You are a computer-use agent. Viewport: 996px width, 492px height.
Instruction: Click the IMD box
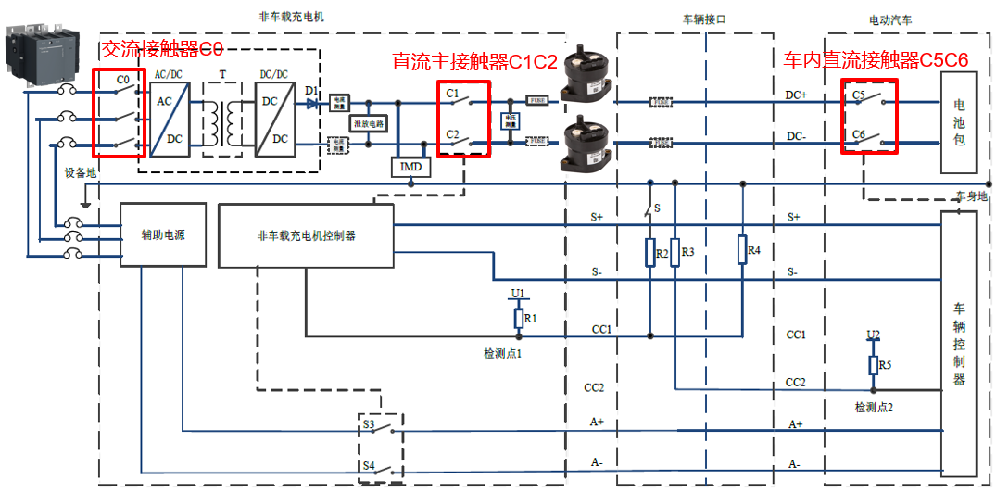[x=410, y=167]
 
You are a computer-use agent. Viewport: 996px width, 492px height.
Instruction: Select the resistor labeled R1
[x=519, y=319]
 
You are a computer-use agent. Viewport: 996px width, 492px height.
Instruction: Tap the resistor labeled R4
[x=742, y=249]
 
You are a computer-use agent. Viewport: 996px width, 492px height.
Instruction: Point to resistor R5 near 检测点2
[x=873, y=365]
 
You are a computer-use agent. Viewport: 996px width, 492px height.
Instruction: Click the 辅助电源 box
[x=163, y=235]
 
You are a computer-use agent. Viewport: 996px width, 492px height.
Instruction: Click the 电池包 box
[x=959, y=122]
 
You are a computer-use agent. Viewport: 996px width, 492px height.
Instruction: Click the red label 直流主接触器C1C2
[x=474, y=61]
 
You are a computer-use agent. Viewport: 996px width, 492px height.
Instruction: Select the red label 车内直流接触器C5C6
[x=876, y=60]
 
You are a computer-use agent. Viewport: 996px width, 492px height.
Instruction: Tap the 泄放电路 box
[x=368, y=122]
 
